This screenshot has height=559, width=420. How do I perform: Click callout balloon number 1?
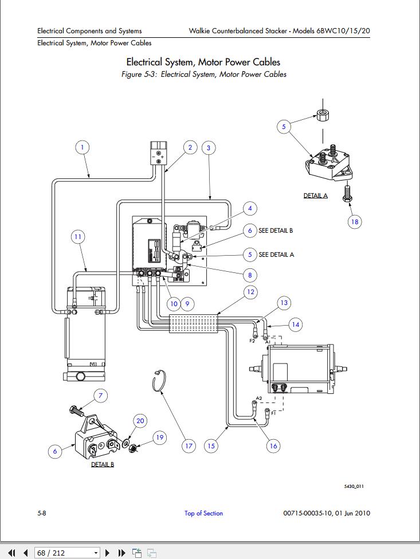(x=83, y=147)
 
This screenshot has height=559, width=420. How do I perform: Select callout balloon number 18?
(x=355, y=221)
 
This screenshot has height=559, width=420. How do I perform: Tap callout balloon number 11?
(x=78, y=236)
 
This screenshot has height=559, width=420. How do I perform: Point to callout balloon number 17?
(x=189, y=445)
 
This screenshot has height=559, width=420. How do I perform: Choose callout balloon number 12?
(x=250, y=292)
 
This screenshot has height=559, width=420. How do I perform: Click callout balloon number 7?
(x=100, y=395)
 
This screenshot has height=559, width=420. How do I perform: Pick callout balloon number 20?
(x=140, y=421)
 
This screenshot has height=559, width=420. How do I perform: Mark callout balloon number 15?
(x=211, y=445)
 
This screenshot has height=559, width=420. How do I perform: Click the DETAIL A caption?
(x=315, y=196)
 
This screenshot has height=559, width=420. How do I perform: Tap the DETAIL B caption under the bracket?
(x=103, y=464)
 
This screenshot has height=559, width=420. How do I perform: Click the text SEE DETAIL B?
(x=276, y=230)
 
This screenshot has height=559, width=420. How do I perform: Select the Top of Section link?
(x=203, y=513)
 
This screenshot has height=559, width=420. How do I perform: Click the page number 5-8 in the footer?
(x=42, y=513)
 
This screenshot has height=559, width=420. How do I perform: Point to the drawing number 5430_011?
(x=354, y=487)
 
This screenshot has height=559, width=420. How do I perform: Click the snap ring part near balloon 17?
(x=158, y=381)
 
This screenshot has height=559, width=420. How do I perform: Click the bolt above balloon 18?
(x=346, y=193)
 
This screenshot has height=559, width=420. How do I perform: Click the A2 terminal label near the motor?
(x=258, y=398)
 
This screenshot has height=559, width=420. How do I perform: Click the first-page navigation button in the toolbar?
(x=11, y=553)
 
